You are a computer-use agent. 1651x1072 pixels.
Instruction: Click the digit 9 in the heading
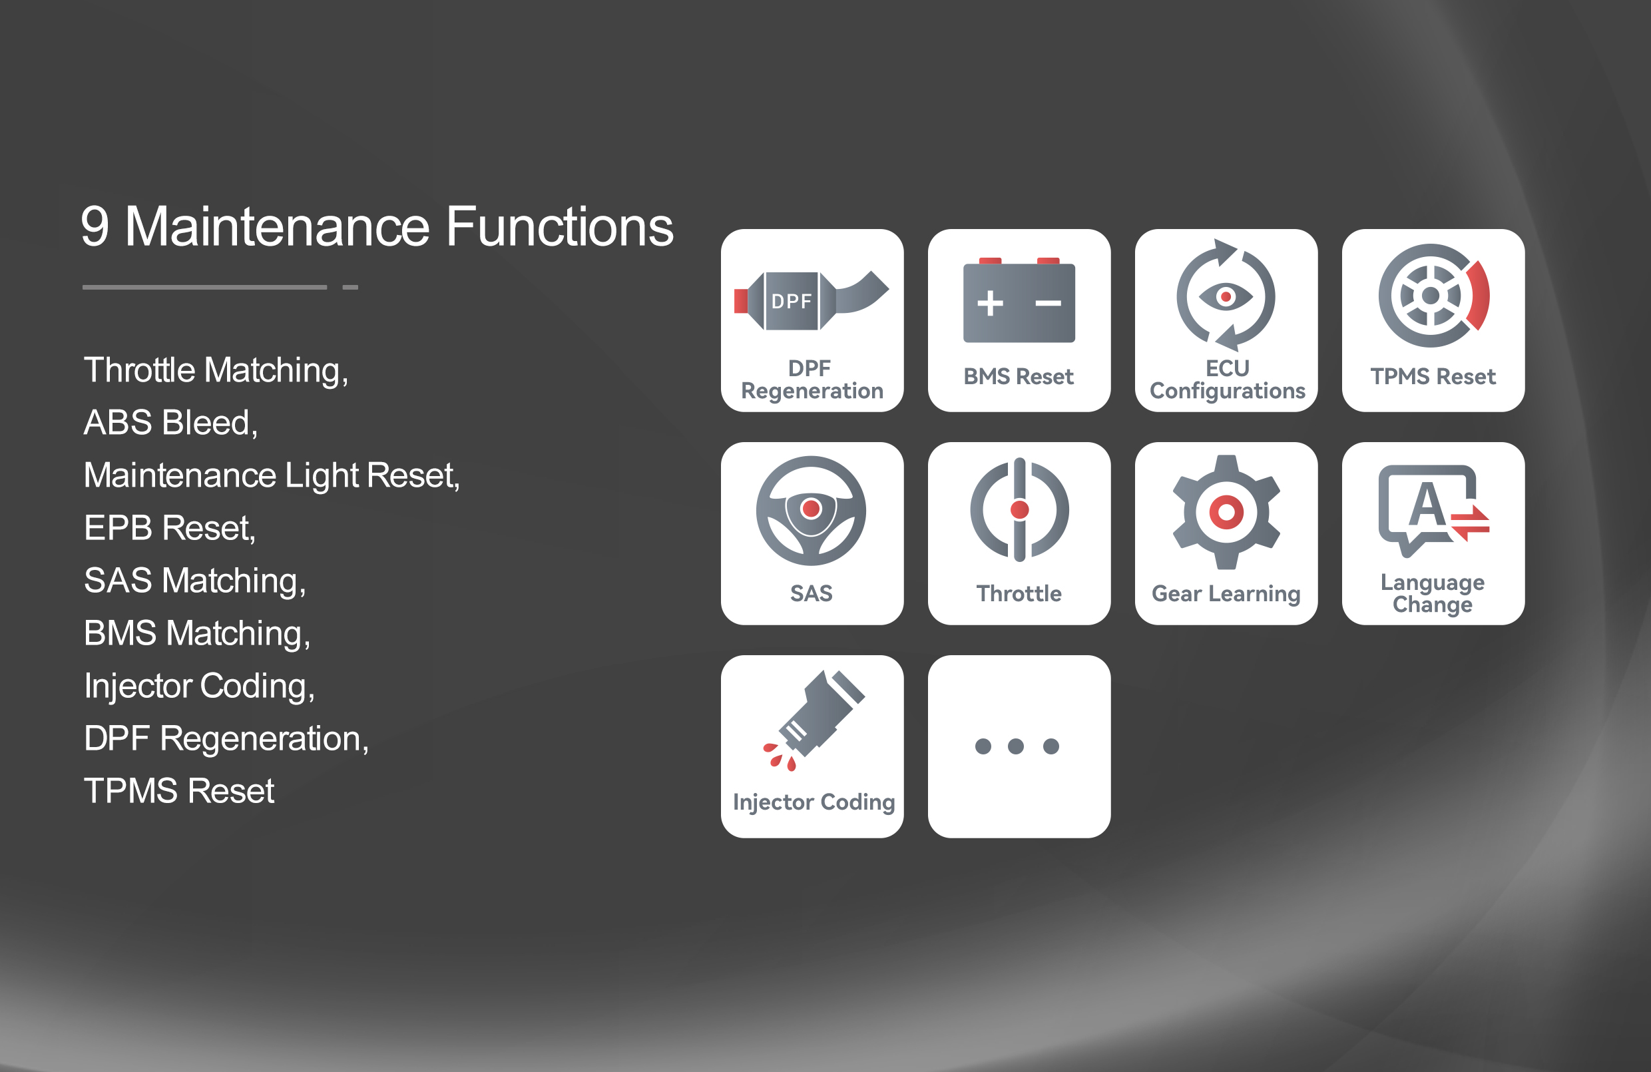(x=96, y=227)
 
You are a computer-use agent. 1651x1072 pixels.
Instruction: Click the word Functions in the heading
(x=559, y=226)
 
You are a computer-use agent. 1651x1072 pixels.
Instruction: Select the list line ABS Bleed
(x=170, y=423)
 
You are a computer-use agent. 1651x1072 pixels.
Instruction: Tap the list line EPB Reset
(x=170, y=528)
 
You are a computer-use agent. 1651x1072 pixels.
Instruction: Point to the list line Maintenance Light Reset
(x=272, y=475)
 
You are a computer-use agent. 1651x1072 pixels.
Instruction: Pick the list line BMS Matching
(x=197, y=633)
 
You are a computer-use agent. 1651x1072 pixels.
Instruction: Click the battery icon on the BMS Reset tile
(x=1019, y=300)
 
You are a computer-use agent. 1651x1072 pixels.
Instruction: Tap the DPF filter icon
(x=812, y=300)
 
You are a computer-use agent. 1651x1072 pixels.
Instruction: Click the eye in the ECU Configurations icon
(x=1226, y=297)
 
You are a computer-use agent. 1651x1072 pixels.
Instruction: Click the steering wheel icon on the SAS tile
(x=811, y=511)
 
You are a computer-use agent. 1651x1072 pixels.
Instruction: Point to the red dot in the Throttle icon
(x=1020, y=510)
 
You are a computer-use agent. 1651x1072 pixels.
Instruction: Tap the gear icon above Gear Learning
(x=1226, y=512)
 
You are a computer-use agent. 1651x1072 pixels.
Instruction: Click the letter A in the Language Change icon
(x=1427, y=504)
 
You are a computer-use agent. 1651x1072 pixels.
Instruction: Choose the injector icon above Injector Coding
(x=814, y=721)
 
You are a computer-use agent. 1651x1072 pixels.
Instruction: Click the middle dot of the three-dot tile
(x=1016, y=746)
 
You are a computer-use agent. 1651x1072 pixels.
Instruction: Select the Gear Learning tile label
(x=1226, y=594)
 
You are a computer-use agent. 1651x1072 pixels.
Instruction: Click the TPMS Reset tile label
(x=1433, y=377)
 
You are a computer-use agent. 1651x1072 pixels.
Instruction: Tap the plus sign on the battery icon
(x=990, y=303)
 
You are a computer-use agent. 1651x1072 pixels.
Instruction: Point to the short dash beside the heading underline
(x=350, y=287)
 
